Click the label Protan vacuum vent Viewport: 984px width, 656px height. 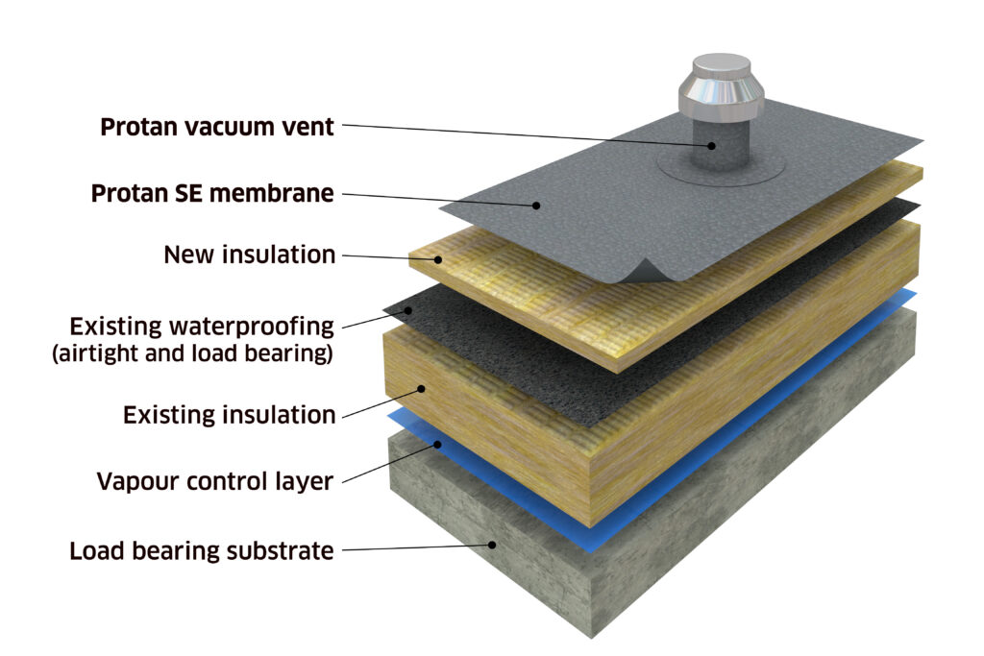point(217,127)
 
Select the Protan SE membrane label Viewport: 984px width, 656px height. point(212,193)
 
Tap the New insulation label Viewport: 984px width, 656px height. point(249,255)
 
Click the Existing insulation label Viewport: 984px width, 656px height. point(229,415)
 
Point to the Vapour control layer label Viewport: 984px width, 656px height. point(214,481)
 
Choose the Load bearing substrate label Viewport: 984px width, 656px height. point(202,550)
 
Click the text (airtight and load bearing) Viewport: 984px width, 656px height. point(192,353)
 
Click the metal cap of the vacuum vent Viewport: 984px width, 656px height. point(722,85)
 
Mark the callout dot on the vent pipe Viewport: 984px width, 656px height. point(712,145)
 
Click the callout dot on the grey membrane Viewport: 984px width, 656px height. point(536,206)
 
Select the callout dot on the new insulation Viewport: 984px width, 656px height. point(438,259)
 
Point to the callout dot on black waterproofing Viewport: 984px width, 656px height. point(408,310)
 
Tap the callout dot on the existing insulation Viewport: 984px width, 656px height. point(422,389)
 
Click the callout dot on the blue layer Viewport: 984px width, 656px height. point(437,444)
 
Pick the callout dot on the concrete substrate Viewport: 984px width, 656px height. point(493,545)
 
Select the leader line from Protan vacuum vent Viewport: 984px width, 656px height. point(528,134)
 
